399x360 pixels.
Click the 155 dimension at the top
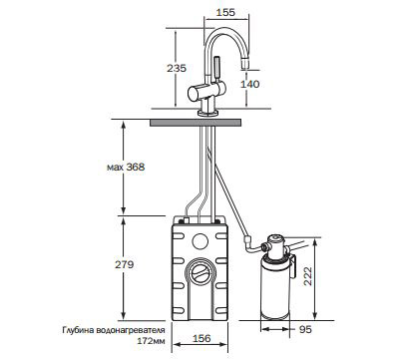pos(225,12)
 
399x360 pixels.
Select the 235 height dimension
pos(177,68)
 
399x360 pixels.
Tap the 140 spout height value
pos(249,84)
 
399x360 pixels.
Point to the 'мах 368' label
pos(126,167)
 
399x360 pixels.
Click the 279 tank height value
pos(125,264)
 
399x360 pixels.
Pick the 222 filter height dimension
pos(308,276)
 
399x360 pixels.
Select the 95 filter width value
pos(305,329)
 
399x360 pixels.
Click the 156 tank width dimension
pos(201,338)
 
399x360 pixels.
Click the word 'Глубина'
pos(78,330)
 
